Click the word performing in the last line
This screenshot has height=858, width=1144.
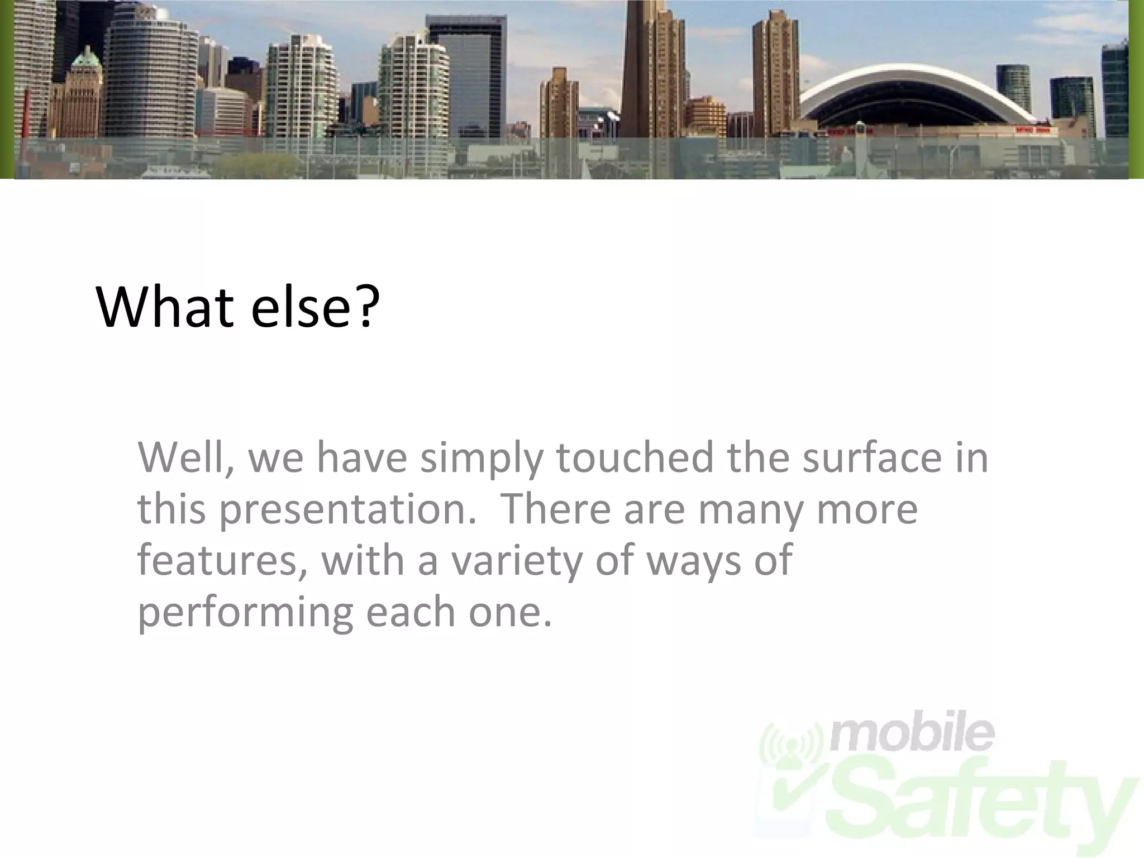point(245,613)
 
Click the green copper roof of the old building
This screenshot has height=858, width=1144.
point(86,59)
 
